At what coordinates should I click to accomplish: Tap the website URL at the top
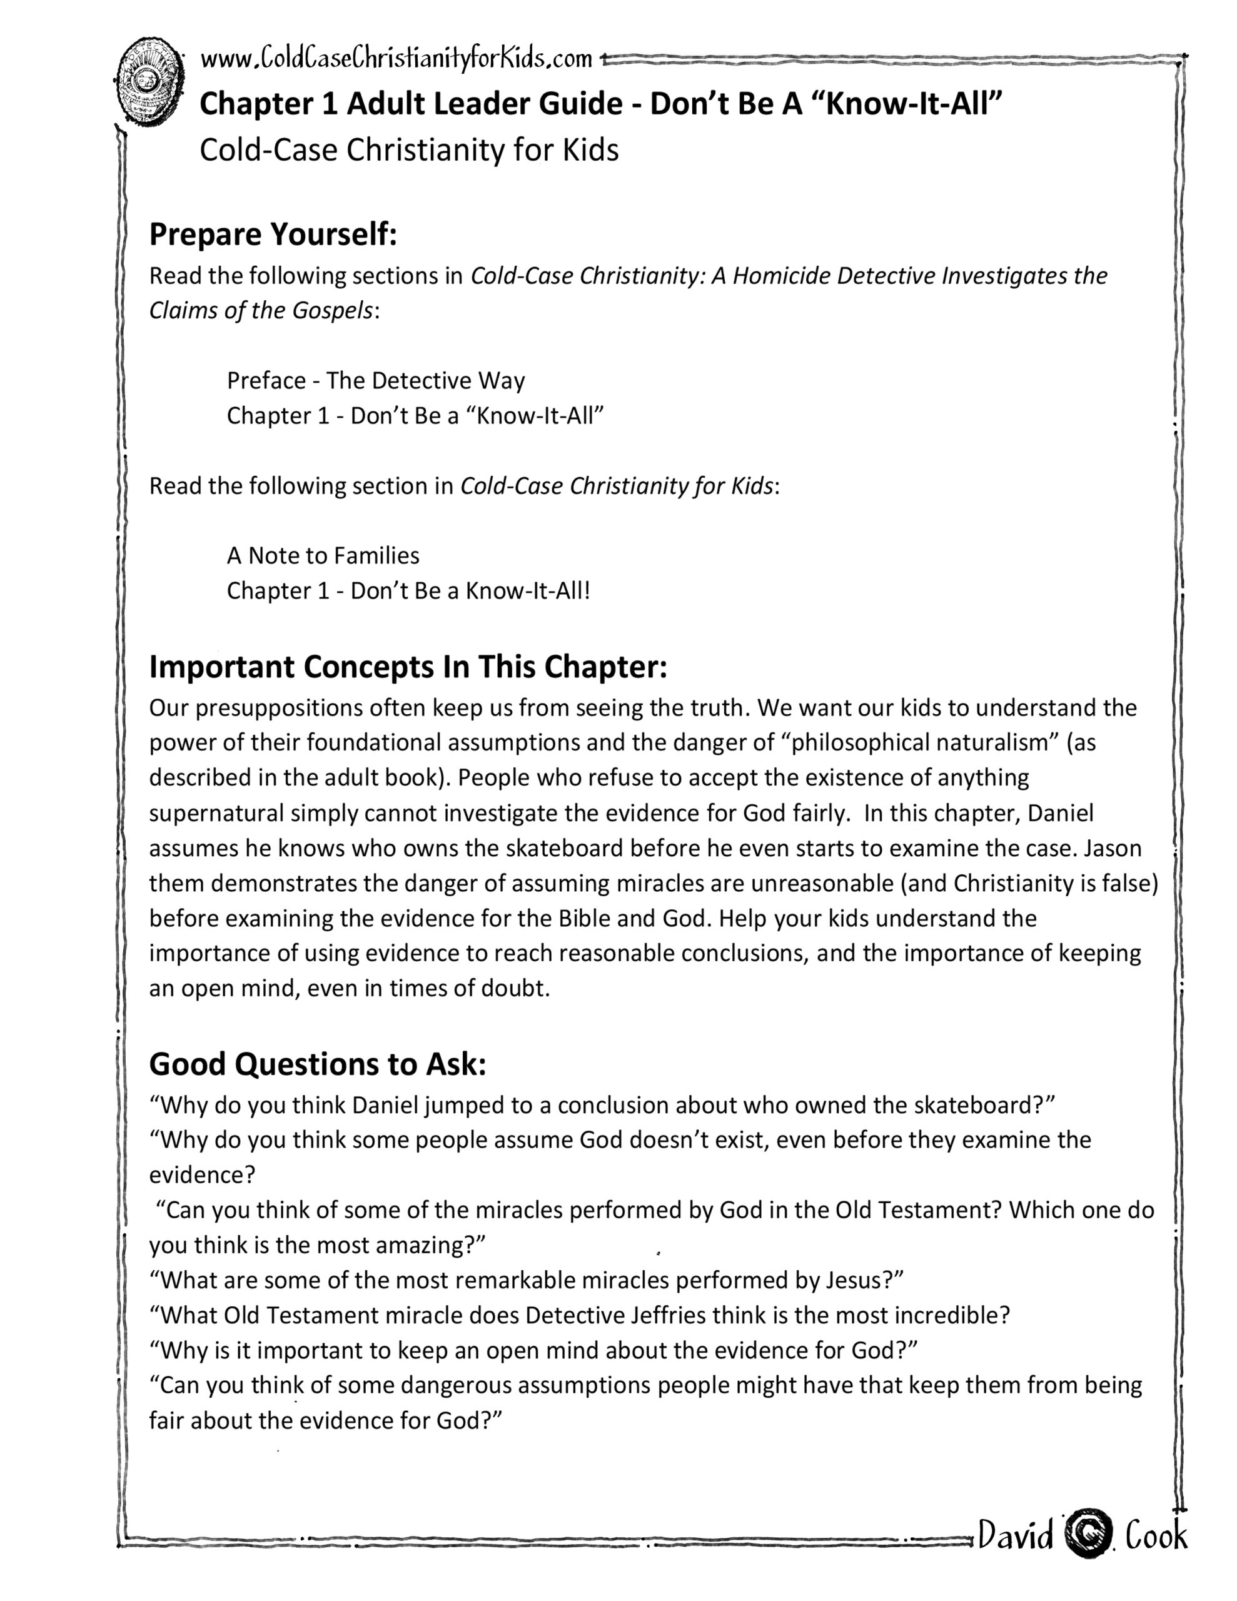(396, 59)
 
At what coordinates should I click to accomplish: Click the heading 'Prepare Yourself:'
(273, 235)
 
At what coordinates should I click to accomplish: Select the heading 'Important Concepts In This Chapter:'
(408, 666)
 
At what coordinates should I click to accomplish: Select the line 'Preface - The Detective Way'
(375, 380)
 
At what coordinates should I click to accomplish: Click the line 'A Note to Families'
(323, 555)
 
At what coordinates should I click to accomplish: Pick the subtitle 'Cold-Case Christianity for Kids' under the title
(409, 150)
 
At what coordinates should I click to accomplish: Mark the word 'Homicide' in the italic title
(782, 276)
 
